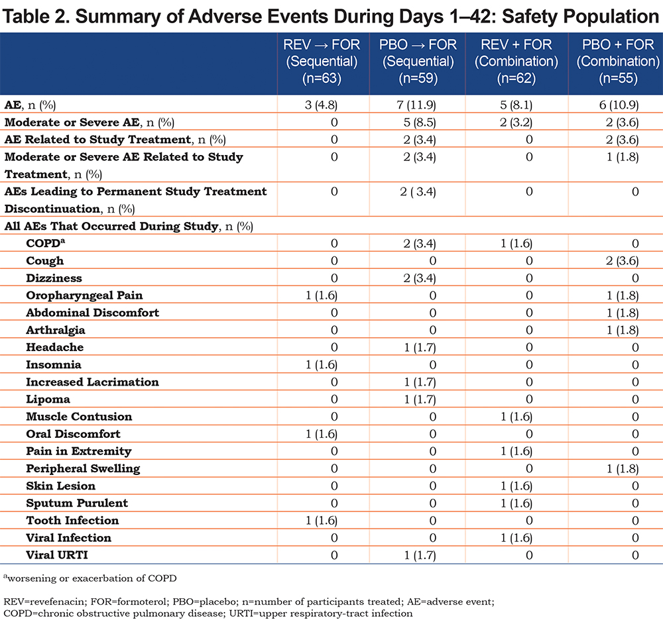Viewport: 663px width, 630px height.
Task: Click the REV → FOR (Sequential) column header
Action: pos(322,61)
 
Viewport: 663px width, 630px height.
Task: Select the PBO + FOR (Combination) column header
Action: pos(618,61)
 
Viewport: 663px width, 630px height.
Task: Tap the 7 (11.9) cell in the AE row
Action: pos(416,105)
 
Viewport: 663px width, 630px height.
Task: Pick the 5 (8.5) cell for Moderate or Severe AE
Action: pos(420,122)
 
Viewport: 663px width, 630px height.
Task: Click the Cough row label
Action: pos(45,261)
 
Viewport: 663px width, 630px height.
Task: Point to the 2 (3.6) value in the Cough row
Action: pos(622,261)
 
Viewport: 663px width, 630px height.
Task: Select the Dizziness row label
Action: pos(54,278)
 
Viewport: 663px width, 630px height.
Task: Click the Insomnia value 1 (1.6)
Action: pos(322,364)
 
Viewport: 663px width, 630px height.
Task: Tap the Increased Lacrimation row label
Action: pos(92,382)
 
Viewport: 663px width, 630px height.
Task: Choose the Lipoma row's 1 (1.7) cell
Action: pos(420,399)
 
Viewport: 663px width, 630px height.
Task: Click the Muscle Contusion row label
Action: pos(79,417)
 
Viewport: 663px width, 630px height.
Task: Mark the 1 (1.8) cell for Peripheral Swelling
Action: pos(623,468)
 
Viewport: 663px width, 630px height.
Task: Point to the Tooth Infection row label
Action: pos(72,520)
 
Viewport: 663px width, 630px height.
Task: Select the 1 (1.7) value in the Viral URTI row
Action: pos(420,554)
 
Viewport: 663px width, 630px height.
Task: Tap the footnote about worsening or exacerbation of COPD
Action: pos(90,578)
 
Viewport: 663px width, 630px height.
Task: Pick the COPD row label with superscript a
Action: pos(46,243)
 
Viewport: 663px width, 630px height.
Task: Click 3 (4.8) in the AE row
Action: pos(321,105)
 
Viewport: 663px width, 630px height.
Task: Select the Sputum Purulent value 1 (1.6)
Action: pos(516,503)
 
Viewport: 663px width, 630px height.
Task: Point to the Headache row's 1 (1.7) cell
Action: pos(420,347)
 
